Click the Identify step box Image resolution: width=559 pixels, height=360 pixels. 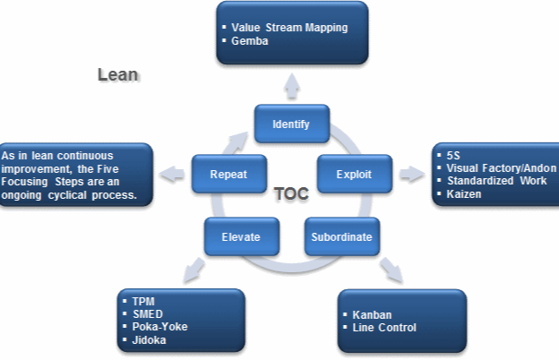[x=291, y=124]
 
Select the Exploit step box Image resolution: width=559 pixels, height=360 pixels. [x=355, y=173]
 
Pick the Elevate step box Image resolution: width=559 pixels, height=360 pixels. [x=241, y=237]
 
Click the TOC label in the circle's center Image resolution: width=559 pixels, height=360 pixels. [x=290, y=192]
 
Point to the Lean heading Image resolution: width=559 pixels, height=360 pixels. [x=117, y=75]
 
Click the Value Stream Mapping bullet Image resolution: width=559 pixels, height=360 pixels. [x=288, y=28]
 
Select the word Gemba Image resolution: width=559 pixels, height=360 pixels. [x=250, y=41]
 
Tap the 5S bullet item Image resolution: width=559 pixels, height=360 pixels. [x=453, y=154]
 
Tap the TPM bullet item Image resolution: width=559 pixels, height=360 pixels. [x=143, y=301]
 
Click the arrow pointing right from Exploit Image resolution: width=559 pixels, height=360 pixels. [x=411, y=174]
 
